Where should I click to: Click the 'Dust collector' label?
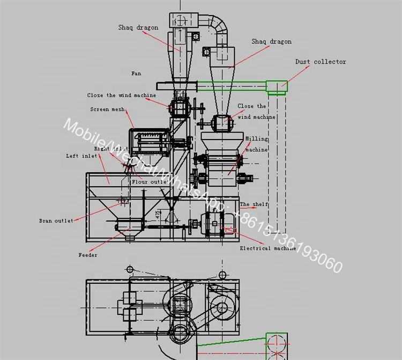pyautogui.click(x=321, y=62)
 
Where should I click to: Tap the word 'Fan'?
pyautogui.click(x=136, y=73)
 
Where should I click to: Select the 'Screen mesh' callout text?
pyautogui.click(x=107, y=109)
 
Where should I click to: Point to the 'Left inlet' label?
pyautogui.click(x=81, y=156)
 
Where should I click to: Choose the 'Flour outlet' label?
pyautogui.click(x=149, y=182)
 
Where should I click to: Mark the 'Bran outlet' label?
pyautogui.click(x=56, y=221)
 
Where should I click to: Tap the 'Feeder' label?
pyautogui.click(x=88, y=255)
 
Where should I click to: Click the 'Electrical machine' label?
pyautogui.click(x=267, y=248)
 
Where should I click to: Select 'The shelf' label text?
pyautogui.click(x=254, y=204)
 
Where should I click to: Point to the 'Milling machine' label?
pyautogui.click(x=256, y=144)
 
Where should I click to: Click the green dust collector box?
pyautogui.click(x=277, y=86)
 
